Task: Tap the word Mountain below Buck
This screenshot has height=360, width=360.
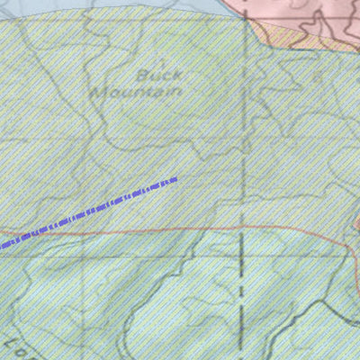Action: tap(139, 92)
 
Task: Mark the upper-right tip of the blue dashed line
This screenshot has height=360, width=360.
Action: tap(175, 179)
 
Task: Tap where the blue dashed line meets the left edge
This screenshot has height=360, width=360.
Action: tap(2, 245)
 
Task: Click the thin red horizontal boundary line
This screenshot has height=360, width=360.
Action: tap(135, 232)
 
